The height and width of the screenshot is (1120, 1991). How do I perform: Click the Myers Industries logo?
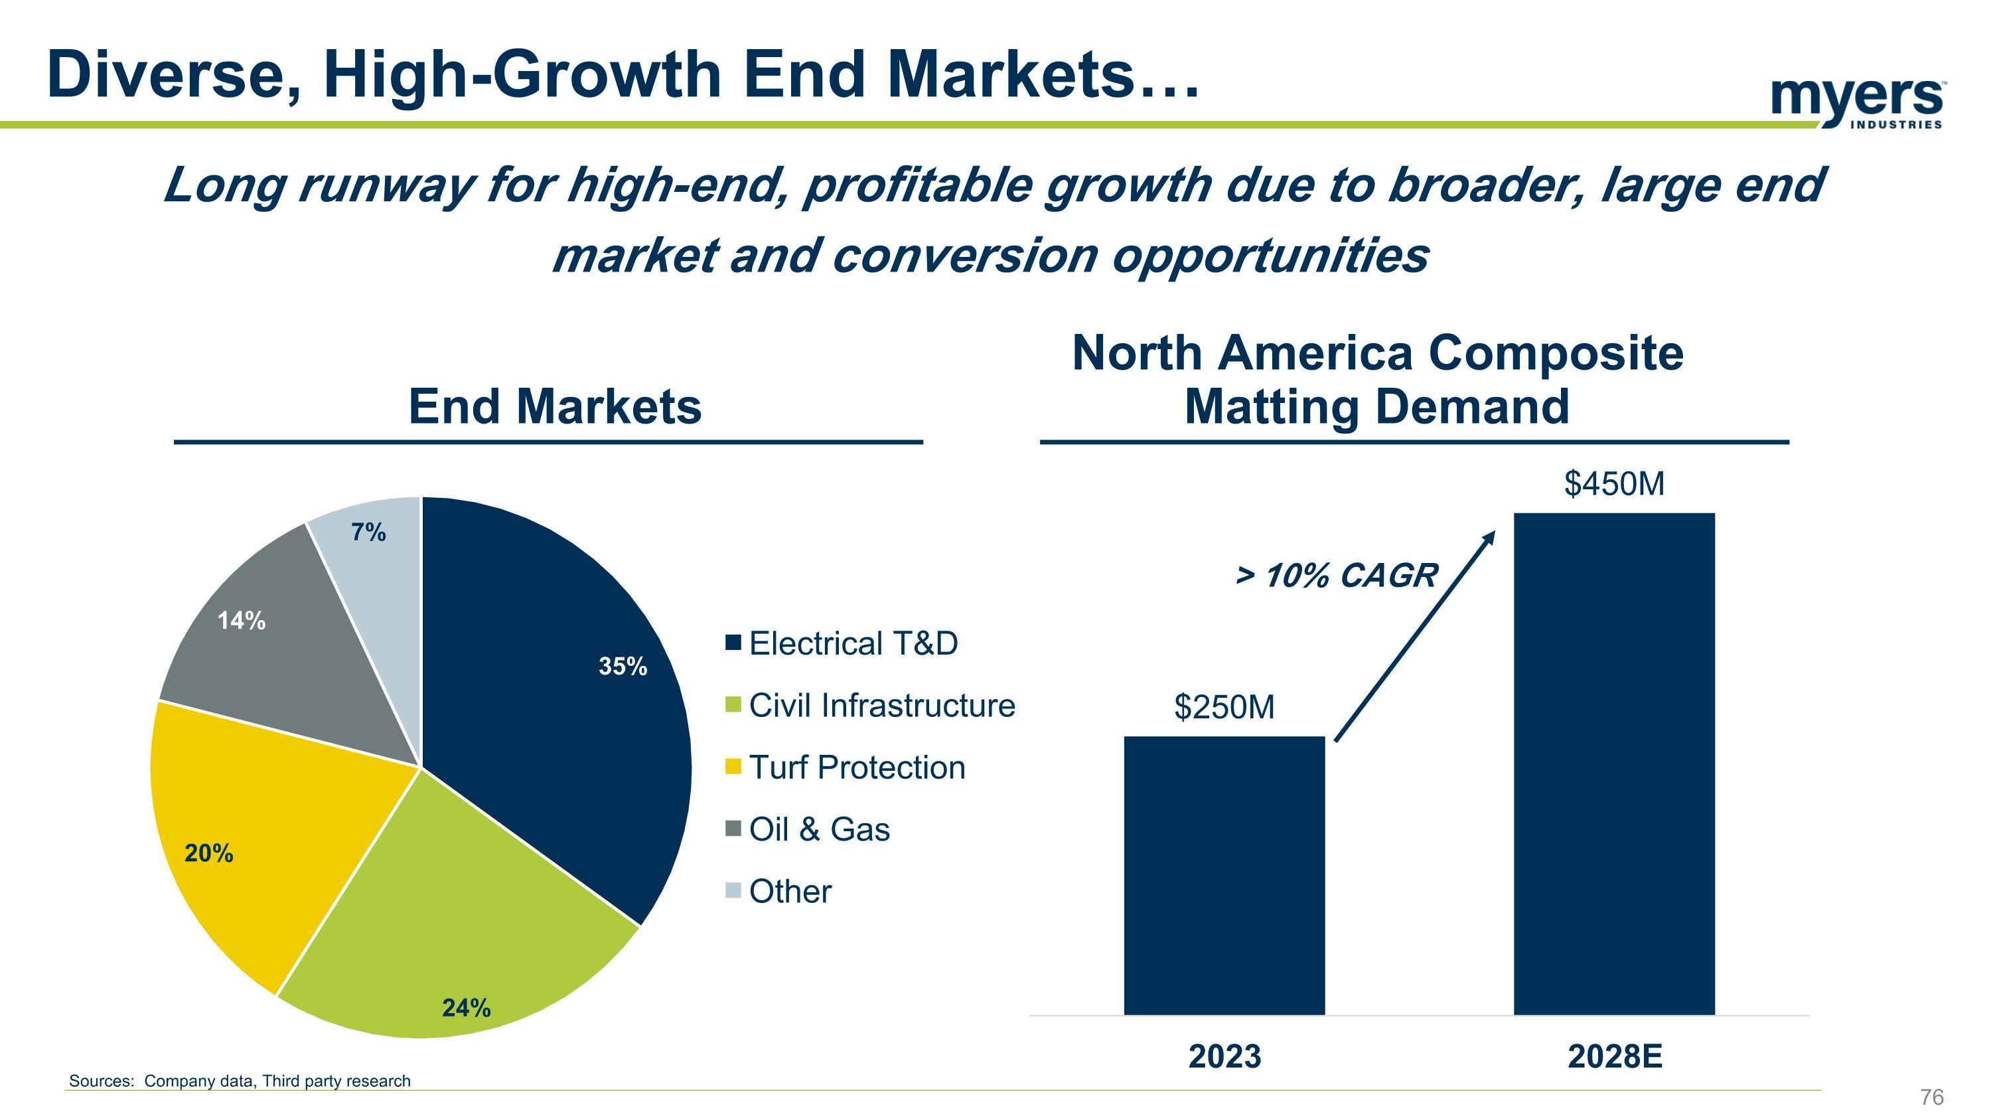(1856, 103)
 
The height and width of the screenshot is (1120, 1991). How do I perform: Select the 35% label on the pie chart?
(623, 667)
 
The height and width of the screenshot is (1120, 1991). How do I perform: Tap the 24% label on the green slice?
(466, 1008)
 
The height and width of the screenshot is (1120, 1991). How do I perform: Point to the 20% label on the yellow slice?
(208, 853)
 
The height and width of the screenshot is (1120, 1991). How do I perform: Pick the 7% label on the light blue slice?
(369, 532)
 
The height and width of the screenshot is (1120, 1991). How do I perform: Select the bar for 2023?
(1224, 875)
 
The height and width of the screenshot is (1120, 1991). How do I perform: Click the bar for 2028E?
(1614, 763)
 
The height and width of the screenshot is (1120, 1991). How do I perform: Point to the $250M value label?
(1224, 707)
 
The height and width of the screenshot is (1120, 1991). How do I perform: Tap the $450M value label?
(1614, 484)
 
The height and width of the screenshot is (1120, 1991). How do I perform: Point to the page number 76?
(1931, 1097)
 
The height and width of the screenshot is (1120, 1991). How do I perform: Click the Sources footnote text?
(240, 1081)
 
